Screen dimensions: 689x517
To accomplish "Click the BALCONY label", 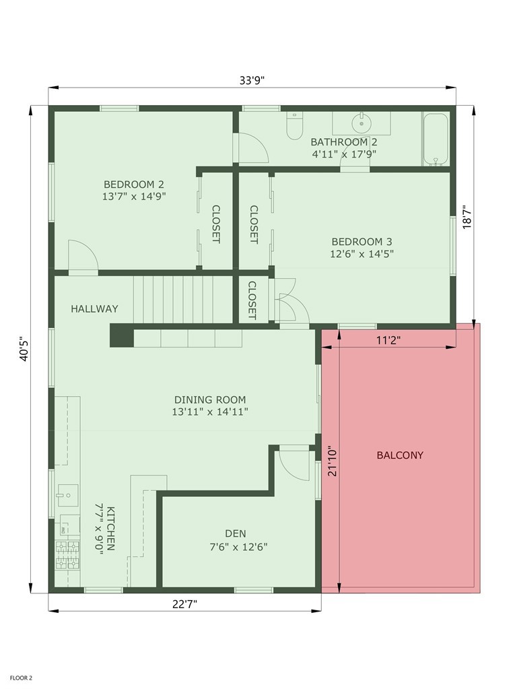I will (400, 455).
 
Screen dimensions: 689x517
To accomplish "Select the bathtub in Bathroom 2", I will (436, 139).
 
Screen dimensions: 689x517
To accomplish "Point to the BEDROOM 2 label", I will (133, 184).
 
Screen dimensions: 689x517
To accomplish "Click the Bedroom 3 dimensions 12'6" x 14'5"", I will (361, 254).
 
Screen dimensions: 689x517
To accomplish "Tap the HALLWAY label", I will (94, 308).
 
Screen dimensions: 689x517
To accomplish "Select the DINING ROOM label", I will (210, 399).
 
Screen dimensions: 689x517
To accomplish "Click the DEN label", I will (235, 533).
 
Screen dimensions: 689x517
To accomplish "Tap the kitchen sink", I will (67, 495).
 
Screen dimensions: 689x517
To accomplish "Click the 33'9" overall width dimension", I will (252, 80).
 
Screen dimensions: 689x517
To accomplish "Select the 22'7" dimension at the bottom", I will (184, 603).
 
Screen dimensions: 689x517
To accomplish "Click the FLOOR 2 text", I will (21, 678).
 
